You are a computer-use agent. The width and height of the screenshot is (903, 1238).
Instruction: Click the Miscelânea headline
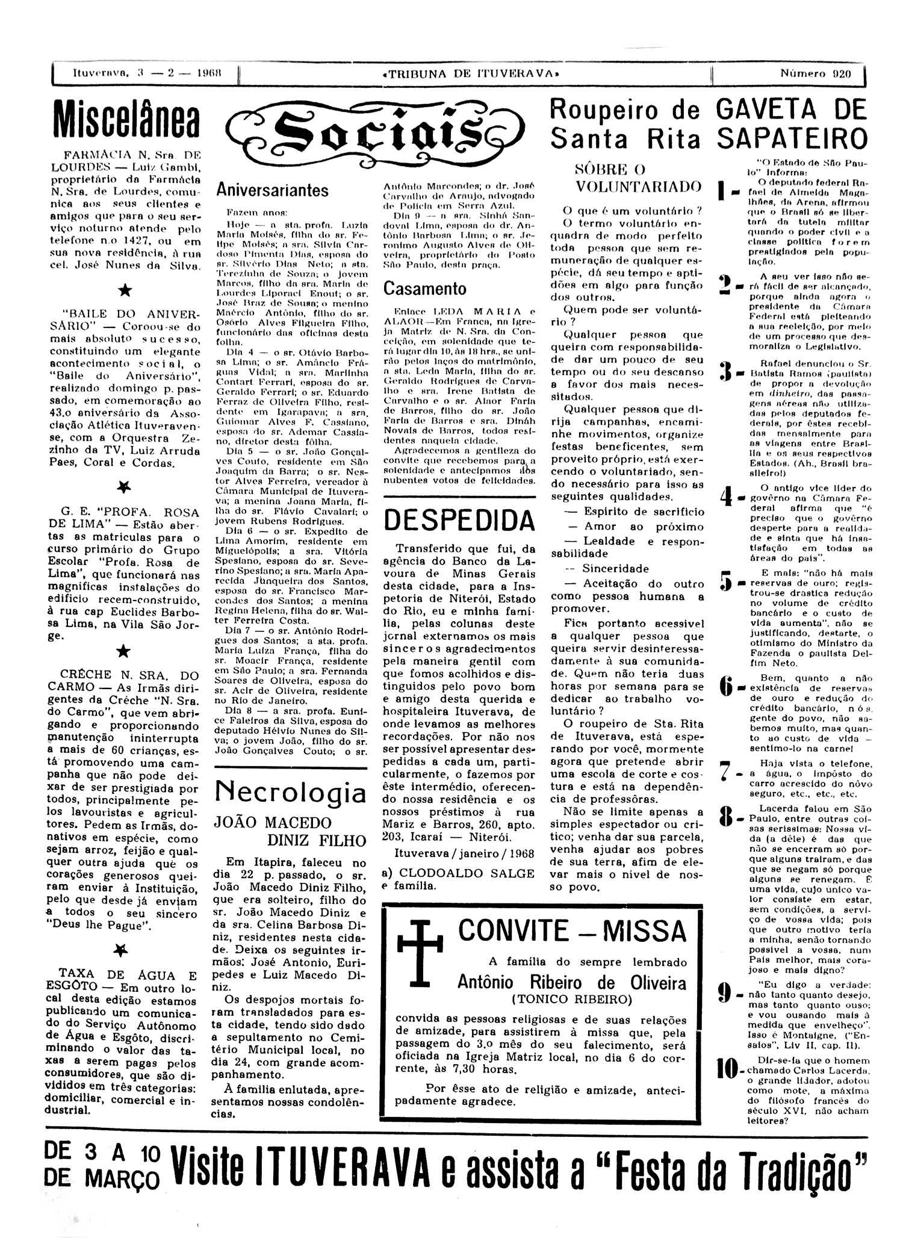[125, 119]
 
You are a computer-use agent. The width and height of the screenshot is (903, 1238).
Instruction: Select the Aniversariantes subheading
[273, 190]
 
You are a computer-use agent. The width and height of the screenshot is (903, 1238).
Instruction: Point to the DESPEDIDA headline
[460, 519]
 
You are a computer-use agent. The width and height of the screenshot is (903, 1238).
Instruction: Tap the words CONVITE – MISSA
[572, 931]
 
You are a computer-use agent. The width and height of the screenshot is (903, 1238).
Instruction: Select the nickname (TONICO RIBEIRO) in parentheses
[571, 1000]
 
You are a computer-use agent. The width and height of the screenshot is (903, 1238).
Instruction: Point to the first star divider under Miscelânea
[125, 290]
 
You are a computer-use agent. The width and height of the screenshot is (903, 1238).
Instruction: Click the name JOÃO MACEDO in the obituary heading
[273, 823]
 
